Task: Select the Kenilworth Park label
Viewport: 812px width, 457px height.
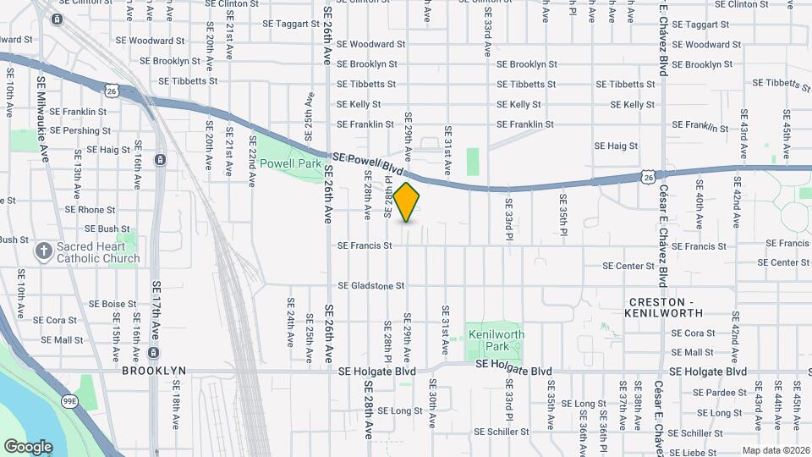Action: point(497,340)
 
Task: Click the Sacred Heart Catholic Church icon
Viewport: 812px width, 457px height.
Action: point(44,251)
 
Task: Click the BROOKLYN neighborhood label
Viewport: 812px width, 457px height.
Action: point(154,371)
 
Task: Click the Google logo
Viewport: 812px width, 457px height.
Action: point(28,446)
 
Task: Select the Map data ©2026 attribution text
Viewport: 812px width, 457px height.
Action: point(776,450)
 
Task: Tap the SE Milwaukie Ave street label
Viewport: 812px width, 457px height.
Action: point(42,115)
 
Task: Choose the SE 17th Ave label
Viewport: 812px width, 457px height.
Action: point(156,312)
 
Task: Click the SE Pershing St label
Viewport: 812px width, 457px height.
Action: point(80,131)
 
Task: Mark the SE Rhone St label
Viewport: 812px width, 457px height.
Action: point(90,210)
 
